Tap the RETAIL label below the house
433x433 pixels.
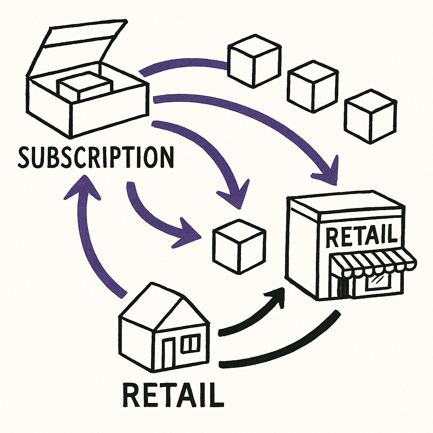click(x=173, y=394)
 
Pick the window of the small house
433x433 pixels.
click(x=191, y=343)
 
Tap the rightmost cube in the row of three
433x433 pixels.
click(x=370, y=116)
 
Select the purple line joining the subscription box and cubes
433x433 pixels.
click(x=182, y=66)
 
